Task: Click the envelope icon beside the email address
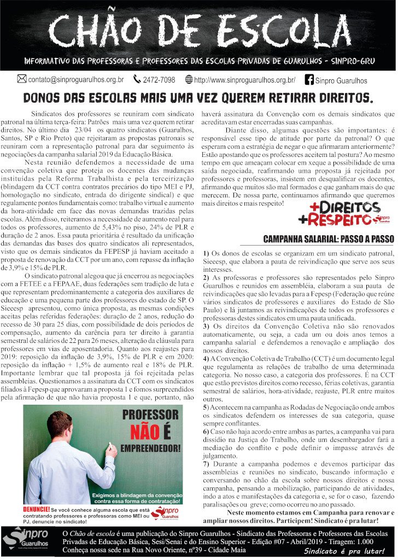22,79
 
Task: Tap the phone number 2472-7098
159,80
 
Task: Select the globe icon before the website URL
189,79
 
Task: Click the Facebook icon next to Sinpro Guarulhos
309,80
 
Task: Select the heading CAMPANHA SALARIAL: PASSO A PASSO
328,239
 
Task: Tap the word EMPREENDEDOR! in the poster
150,450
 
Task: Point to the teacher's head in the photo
60,427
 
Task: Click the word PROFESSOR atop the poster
150,414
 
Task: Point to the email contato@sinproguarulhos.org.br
76,80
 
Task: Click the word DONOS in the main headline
46,99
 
